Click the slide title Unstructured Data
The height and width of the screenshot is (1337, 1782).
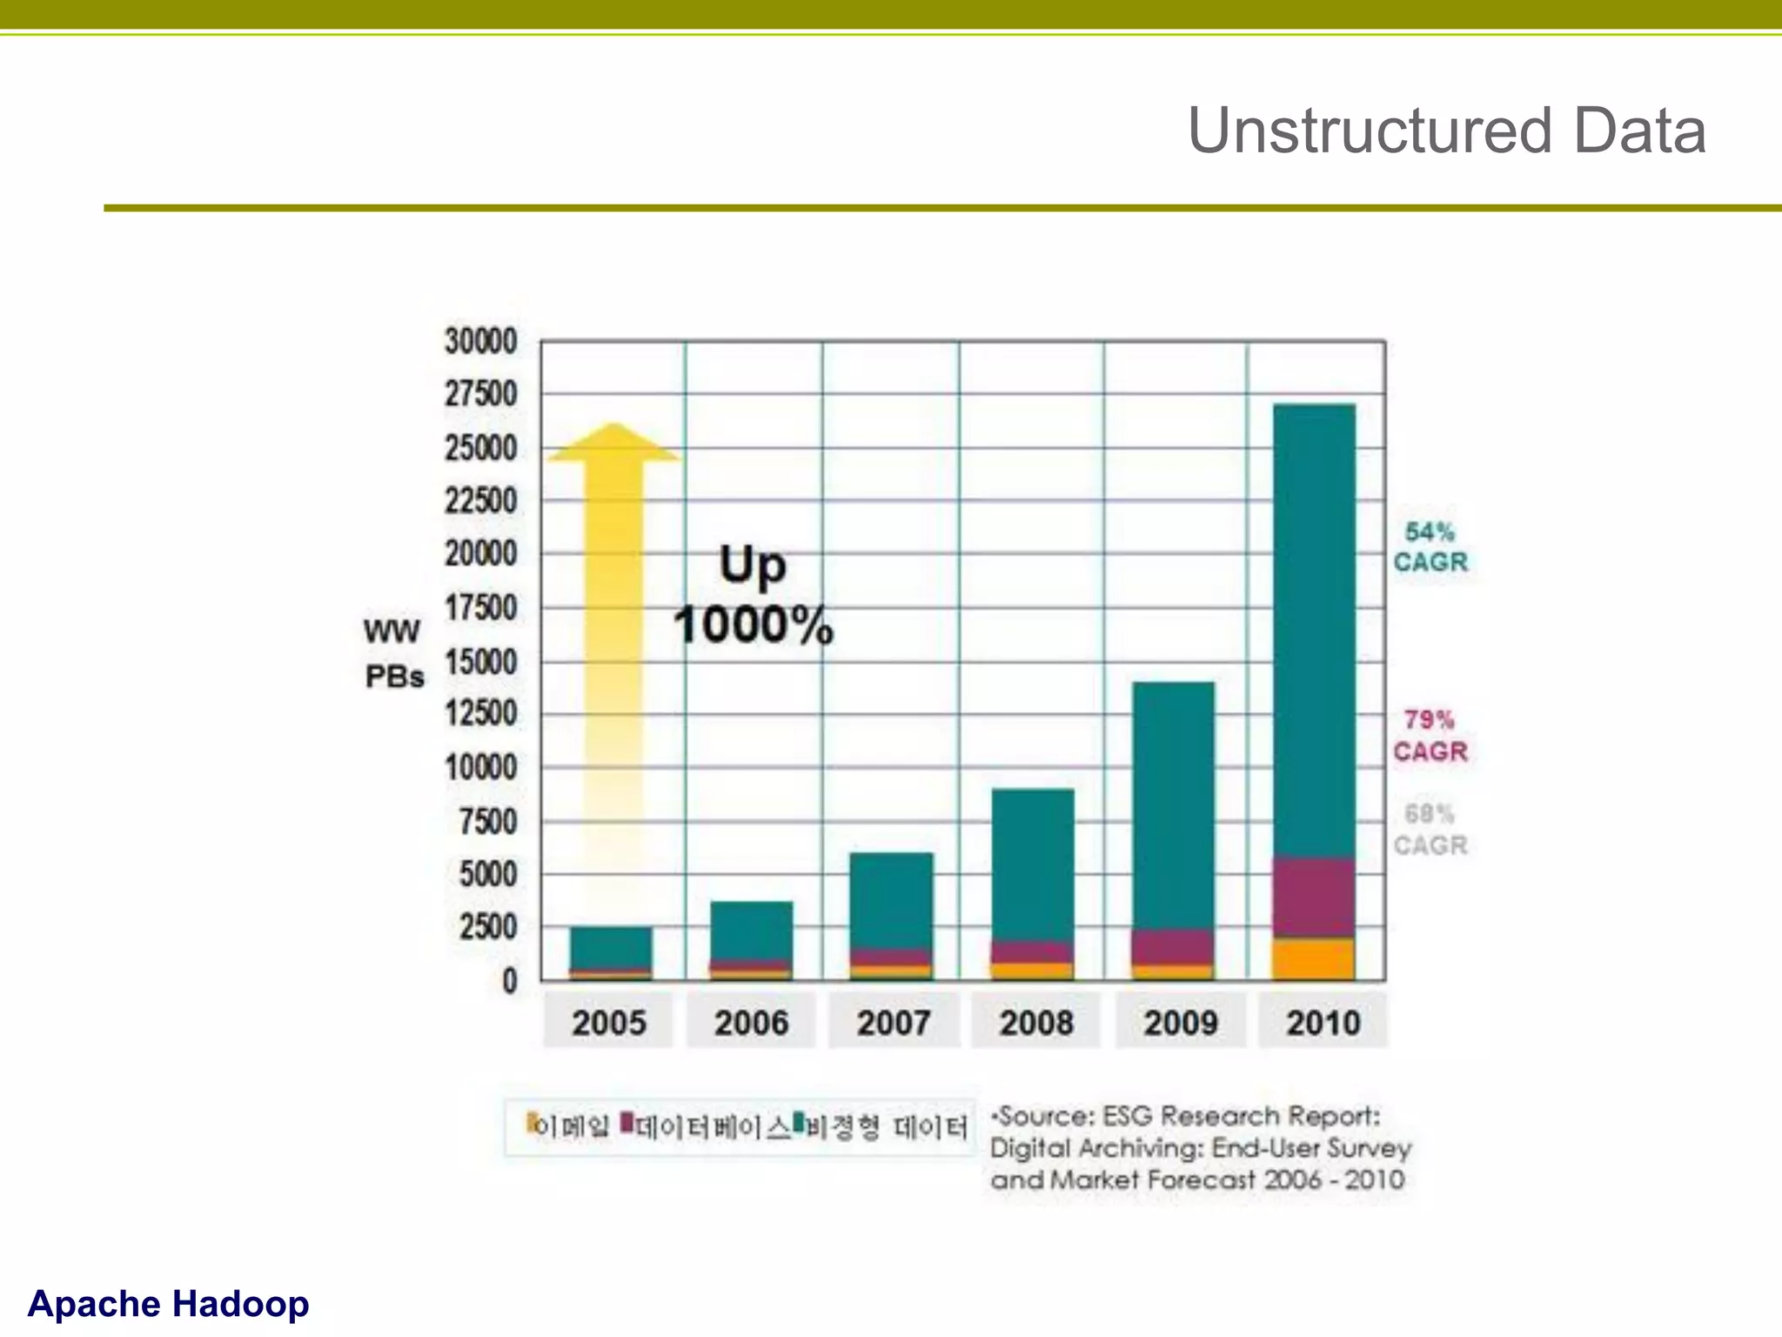click(x=1446, y=131)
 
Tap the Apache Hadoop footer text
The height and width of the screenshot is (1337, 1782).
click(x=168, y=1303)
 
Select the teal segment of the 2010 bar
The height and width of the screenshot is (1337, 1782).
click(x=1314, y=627)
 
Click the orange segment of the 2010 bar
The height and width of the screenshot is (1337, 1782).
click(x=1314, y=958)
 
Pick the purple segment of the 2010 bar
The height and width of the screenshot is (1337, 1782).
click(x=1314, y=898)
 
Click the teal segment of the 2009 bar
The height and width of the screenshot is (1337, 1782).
click(x=1173, y=805)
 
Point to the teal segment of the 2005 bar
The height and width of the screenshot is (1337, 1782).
click(x=611, y=947)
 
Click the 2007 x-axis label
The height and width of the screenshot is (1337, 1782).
click(x=894, y=1023)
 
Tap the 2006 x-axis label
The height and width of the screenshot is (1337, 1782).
click(x=751, y=1023)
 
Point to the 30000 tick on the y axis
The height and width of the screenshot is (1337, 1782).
click(x=480, y=341)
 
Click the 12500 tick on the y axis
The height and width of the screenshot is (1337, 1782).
click(x=480, y=714)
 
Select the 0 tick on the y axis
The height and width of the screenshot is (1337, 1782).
click(x=510, y=981)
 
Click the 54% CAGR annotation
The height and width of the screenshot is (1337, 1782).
click(x=1430, y=547)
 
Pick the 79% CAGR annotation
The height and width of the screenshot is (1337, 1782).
click(x=1430, y=736)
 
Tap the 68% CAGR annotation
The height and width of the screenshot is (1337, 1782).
click(x=1430, y=830)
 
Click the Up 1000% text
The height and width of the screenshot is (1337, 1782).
click(x=754, y=596)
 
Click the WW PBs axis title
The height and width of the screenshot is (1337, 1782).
click(x=393, y=653)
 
